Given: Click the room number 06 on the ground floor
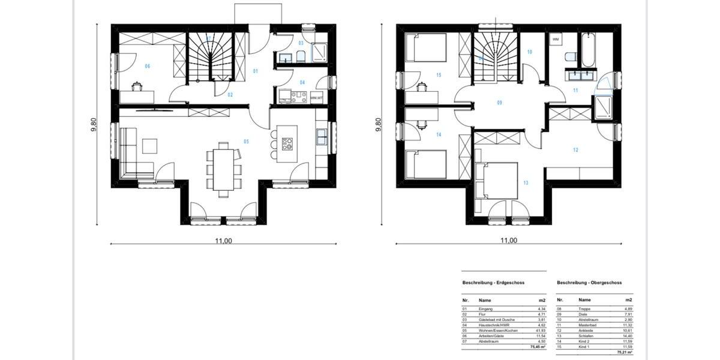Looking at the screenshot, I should click(x=147, y=66).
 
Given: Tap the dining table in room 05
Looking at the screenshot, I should click(x=223, y=169).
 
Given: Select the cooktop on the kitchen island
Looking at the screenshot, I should click(x=287, y=144).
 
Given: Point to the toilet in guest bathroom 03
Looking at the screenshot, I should click(x=300, y=57).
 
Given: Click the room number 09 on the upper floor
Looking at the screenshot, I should click(x=499, y=103).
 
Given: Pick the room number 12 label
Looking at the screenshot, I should click(x=575, y=150).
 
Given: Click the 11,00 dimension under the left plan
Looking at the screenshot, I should click(x=223, y=241).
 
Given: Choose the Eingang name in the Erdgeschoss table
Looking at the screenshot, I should click(x=486, y=308).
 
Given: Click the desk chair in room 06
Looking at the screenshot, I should click(x=137, y=86).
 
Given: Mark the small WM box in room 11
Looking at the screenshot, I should click(x=555, y=40).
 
